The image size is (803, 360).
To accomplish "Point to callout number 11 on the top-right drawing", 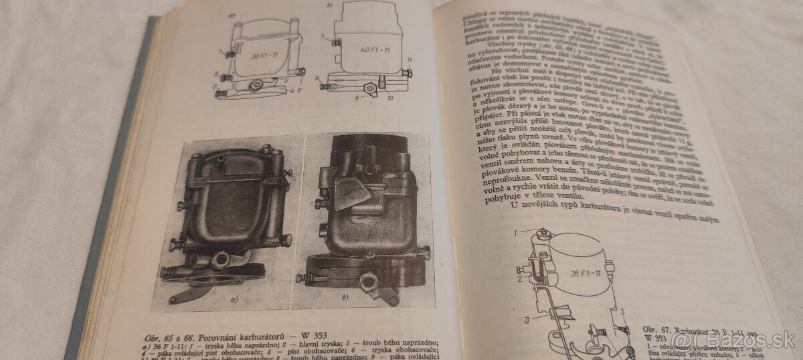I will pos(409,62).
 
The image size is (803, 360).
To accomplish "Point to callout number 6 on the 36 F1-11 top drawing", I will pos(300,89).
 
